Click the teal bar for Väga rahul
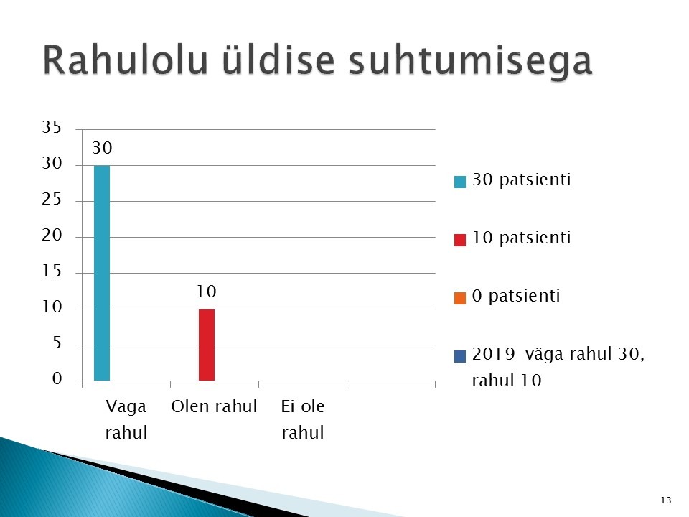click(x=102, y=273)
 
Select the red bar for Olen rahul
click(x=207, y=345)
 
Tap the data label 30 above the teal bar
click(x=103, y=148)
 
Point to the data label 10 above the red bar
click(x=207, y=292)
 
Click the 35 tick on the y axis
click(x=52, y=127)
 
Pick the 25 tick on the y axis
click(x=52, y=200)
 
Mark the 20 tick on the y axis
click(x=52, y=236)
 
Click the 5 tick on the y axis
click(x=57, y=343)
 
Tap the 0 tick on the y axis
click(x=57, y=378)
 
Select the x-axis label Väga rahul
click(x=126, y=419)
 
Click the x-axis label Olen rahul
click(x=214, y=406)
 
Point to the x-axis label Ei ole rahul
click(x=303, y=419)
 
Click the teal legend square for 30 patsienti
click(x=459, y=182)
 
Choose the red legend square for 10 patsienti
click(x=459, y=240)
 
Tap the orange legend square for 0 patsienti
click(x=459, y=298)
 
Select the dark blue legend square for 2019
click(x=459, y=356)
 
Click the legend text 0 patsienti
click(x=516, y=296)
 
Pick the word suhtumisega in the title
click(x=470, y=62)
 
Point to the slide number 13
click(x=666, y=500)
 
